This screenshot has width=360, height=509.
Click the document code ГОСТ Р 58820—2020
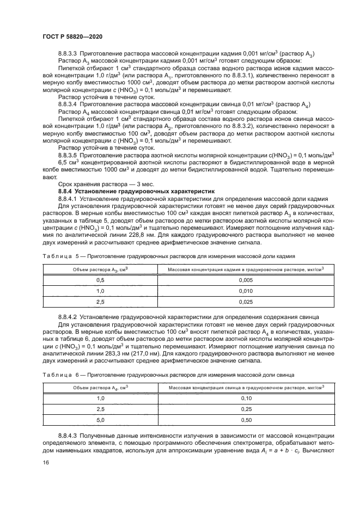pos(72,36)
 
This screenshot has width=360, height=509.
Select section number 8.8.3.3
pos(68,53)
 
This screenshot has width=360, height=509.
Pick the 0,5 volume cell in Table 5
pos(100,279)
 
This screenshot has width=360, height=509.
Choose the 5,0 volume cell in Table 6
pos(100,420)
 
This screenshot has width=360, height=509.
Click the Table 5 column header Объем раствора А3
pos(100,269)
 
